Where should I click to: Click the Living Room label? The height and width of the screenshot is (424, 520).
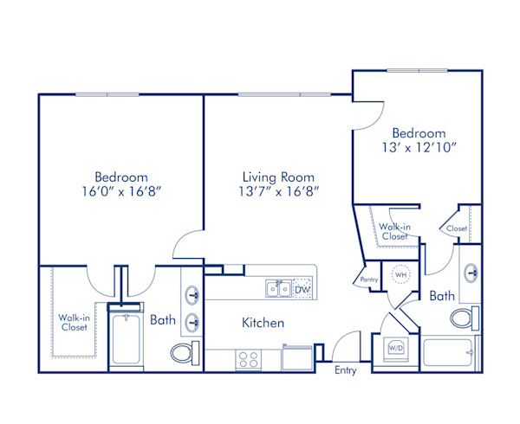[x=276, y=177]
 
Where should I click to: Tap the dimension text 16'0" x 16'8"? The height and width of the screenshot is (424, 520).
[x=120, y=192]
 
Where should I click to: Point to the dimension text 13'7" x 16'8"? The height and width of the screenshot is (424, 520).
[x=276, y=192]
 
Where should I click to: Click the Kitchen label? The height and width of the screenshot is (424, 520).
[x=263, y=323]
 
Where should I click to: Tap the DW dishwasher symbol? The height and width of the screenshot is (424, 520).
[x=302, y=290]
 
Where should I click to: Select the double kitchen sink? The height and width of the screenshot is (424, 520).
[x=278, y=289]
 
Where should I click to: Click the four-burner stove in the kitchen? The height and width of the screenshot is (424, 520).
[x=247, y=359]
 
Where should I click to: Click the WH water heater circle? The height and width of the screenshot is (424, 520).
[x=400, y=274]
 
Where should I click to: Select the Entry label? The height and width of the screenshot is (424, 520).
[x=347, y=370]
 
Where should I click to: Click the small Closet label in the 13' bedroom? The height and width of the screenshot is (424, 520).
[x=456, y=228]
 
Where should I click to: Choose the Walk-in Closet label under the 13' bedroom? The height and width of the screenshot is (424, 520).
[x=394, y=230]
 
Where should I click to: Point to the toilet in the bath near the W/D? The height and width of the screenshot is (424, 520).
[x=465, y=318]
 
